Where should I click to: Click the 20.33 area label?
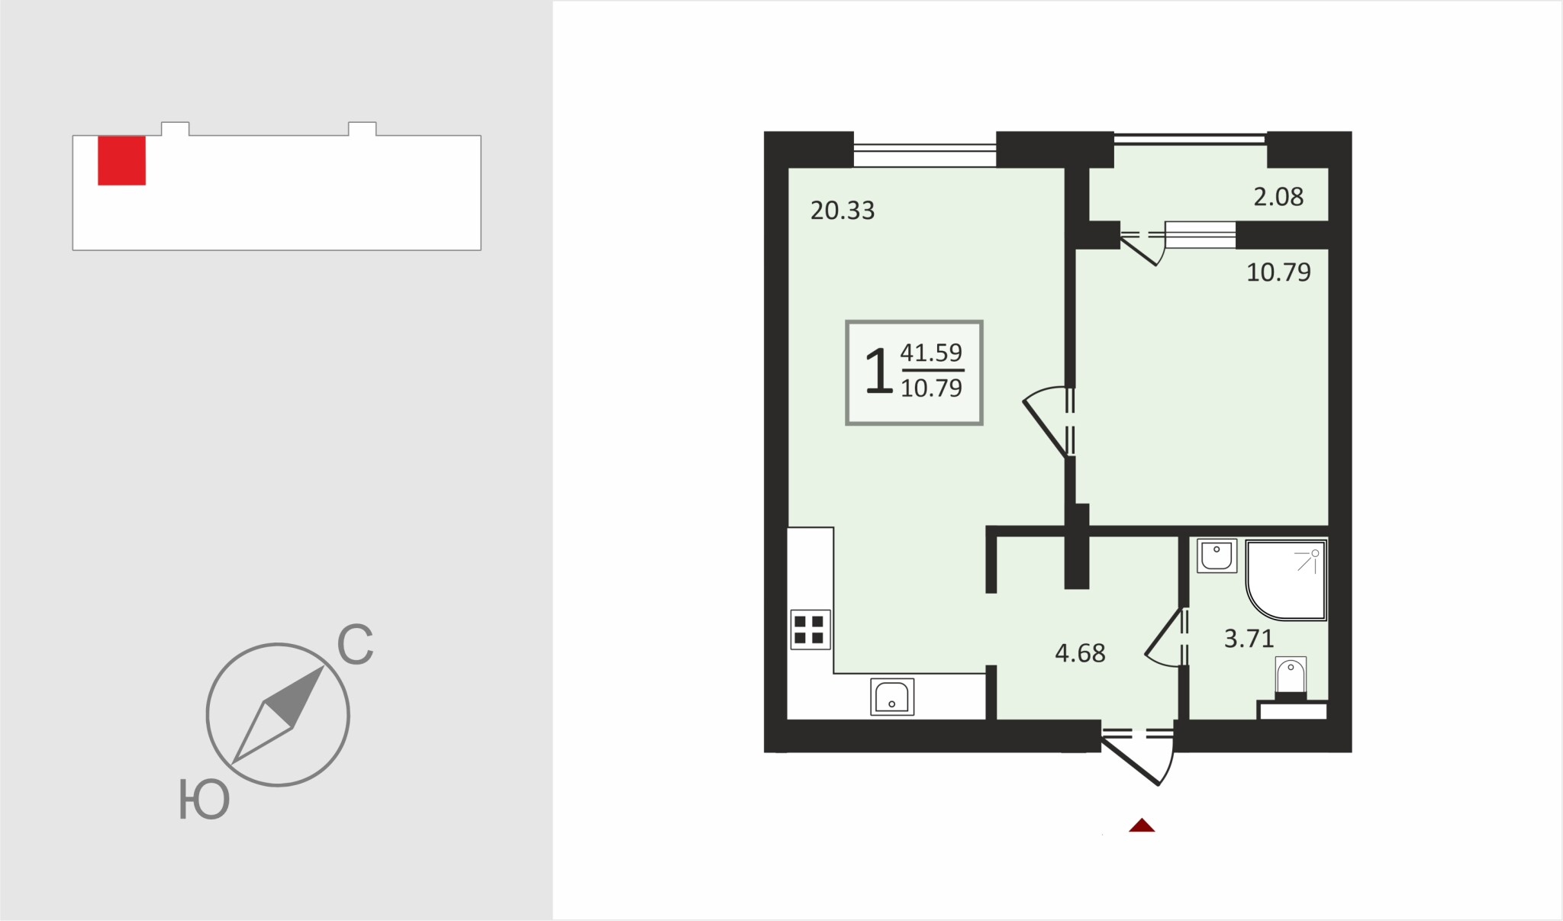click(843, 211)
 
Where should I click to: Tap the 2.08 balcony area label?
click(1278, 197)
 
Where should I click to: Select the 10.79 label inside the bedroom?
click(1278, 272)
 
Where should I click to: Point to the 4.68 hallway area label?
click(1080, 653)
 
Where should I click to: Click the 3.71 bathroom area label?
click(1249, 638)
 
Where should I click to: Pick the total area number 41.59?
click(931, 353)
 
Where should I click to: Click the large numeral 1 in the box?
click(878, 371)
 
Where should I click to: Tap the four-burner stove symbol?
click(810, 630)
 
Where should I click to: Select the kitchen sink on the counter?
click(892, 696)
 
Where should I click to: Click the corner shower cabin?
click(1286, 580)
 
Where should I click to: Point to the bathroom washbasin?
click(1217, 555)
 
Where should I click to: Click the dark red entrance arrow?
click(1142, 825)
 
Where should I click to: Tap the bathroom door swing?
click(1165, 638)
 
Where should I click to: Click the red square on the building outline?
click(121, 160)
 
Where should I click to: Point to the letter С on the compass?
click(355, 645)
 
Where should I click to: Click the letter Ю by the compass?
click(204, 799)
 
